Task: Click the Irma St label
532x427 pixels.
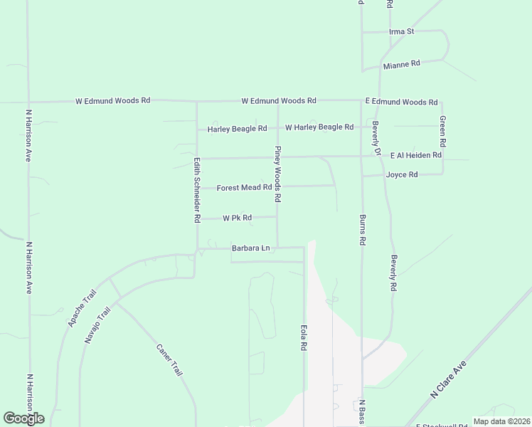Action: pos(402,32)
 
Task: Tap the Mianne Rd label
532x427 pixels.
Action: pos(401,64)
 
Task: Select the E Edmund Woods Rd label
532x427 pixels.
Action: pos(401,102)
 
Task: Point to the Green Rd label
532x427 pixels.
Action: pos(442,127)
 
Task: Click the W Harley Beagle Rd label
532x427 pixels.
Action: pos(319,127)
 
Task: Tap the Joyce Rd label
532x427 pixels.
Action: pos(401,174)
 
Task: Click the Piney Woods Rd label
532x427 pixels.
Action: pos(279,173)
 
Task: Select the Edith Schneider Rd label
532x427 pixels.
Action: pos(197,190)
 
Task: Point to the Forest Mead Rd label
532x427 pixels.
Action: pos(244,188)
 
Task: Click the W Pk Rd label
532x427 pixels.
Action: pos(238,218)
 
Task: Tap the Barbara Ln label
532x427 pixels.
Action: pos(251,248)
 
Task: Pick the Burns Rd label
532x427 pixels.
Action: pos(362,230)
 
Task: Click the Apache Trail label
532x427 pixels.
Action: pos(81,307)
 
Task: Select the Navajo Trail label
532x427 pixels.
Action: pos(98,326)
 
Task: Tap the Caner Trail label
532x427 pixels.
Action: pos(169,359)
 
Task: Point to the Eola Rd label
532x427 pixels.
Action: pos(304,337)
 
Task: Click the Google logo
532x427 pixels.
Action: pos(23,418)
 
